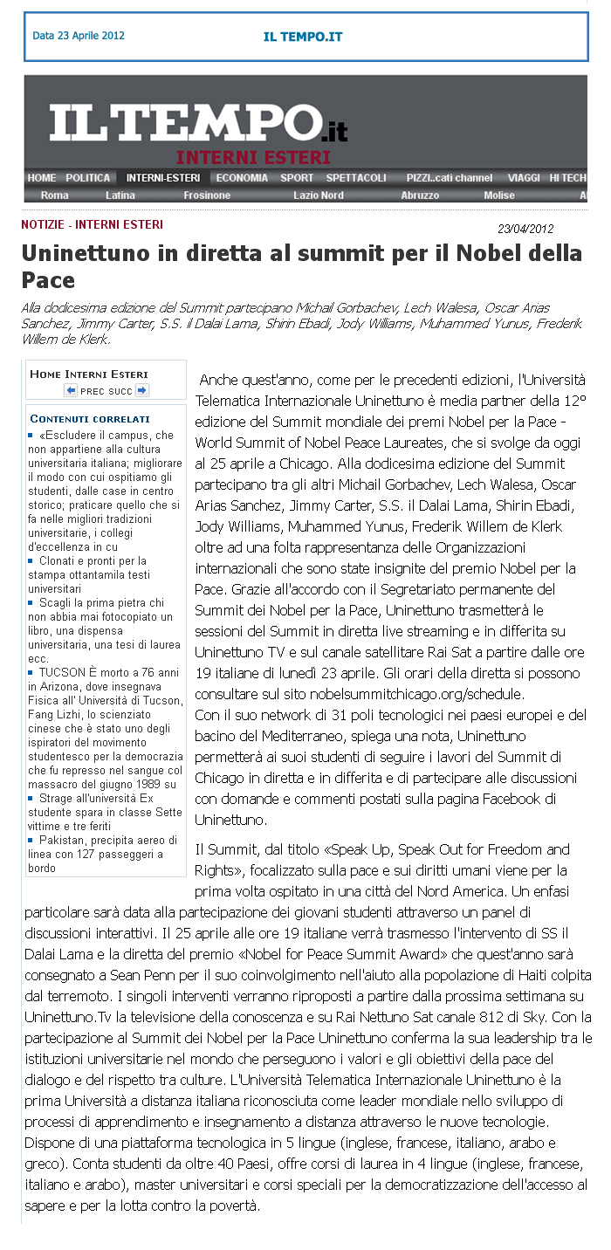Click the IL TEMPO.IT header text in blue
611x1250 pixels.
click(x=303, y=37)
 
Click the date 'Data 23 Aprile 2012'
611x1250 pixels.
click(x=79, y=36)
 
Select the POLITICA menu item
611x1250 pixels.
click(x=88, y=177)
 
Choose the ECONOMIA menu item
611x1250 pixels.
click(x=242, y=177)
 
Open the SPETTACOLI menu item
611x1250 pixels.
click(x=356, y=177)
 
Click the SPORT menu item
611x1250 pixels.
click(x=297, y=177)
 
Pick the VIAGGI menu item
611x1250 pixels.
click(x=525, y=177)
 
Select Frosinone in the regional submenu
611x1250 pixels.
click(x=207, y=196)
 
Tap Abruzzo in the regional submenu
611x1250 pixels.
click(x=420, y=196)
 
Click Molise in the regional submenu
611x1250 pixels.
click(x=499, y=196)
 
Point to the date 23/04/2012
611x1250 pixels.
click(x=525, y=229)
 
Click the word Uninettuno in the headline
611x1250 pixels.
click(x=81, y=254)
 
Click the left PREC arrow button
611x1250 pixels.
click(x=71, y=390)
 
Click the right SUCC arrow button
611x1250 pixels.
click(x=141, y=390)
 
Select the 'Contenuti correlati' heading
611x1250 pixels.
click(x=90, y=419)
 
